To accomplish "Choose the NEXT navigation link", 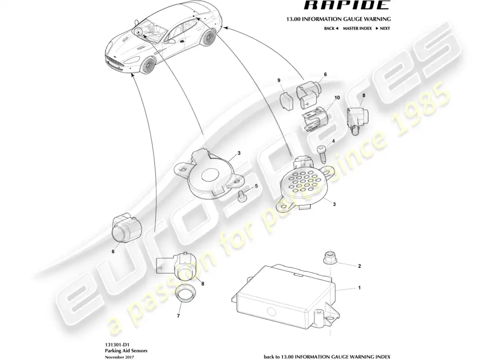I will (x=382, y=28).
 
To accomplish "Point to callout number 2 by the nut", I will (x=359, y=266).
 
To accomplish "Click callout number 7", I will (x=178, y=316).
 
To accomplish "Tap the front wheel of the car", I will (x=146, y=67).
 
